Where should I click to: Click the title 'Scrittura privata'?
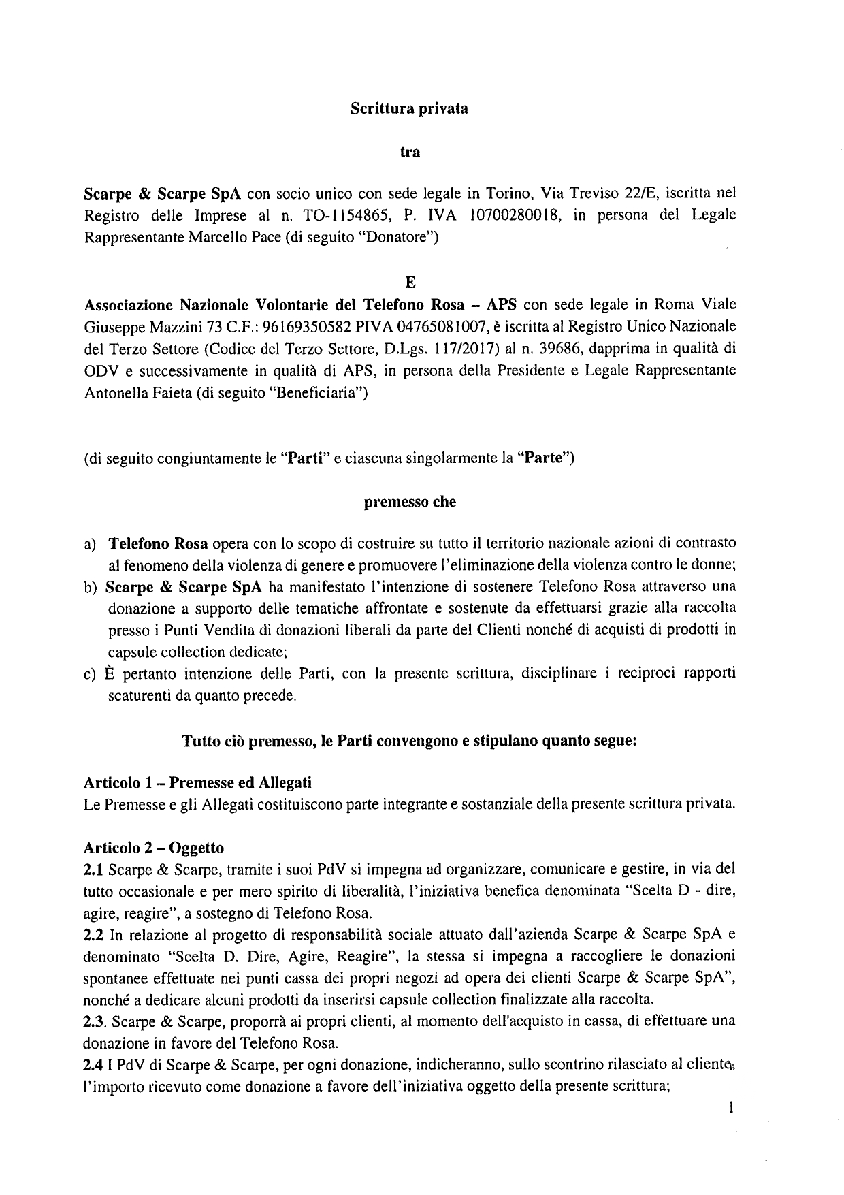(x=408, y=108)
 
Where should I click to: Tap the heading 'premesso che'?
(x=410, y=503)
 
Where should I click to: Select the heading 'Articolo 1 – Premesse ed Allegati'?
(x=197, y=783)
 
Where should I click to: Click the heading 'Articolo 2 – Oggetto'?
(x=153, y=848)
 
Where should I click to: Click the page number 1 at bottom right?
(x=730, y=1108)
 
